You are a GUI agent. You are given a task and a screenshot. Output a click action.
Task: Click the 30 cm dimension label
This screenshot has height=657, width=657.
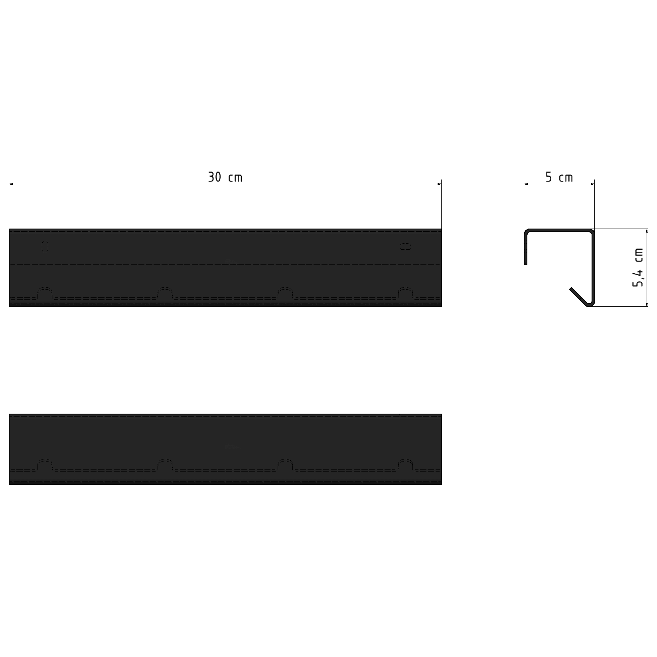point(225,177)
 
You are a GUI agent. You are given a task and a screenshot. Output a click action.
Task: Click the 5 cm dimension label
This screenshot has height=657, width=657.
point(559,177)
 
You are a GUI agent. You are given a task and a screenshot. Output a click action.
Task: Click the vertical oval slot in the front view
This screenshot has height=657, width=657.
point(45,247)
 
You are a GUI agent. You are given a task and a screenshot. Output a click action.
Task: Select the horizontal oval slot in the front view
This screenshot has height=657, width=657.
point(405,247)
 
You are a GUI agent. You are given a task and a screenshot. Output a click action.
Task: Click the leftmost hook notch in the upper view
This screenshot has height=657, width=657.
point(45,293)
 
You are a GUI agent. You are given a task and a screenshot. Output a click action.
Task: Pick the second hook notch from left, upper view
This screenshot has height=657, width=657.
point(165,293)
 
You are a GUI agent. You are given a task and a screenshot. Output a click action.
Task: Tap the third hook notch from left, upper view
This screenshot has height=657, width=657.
point(285,293)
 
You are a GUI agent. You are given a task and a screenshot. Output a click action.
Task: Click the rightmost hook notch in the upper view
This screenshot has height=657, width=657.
point(405,293)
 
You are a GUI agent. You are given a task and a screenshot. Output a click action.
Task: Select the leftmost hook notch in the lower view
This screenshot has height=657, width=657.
point(45,465)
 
